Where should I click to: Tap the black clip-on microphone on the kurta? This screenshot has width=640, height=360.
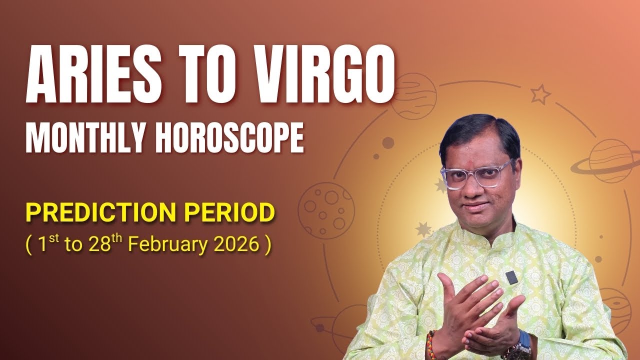pyautogui.click(x=510, y=277)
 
